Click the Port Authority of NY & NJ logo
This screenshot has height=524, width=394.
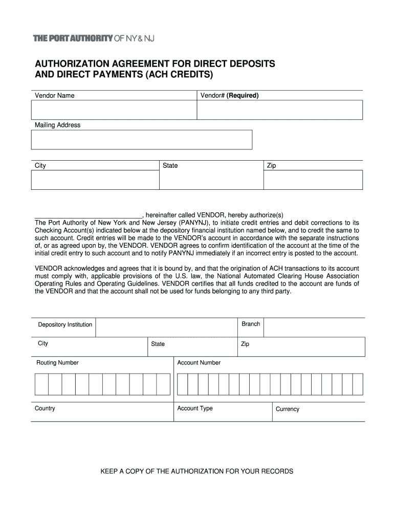94,38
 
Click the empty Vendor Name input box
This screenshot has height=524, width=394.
114,110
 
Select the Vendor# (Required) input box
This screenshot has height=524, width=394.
279,110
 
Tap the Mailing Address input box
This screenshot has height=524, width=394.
142,140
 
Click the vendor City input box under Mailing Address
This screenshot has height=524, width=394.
95,180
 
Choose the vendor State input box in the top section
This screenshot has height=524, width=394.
211,180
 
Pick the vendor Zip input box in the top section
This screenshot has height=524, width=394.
313,180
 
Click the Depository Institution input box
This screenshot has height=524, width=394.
167,327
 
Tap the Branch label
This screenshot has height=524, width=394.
251,324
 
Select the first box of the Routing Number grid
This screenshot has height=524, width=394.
41,384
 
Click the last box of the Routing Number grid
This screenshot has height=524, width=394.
163,384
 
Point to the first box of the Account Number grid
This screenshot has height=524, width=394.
182,384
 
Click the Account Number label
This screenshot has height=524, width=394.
199,363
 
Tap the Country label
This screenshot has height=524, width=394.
45,408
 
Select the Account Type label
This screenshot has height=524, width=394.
194,408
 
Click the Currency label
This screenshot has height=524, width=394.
287,409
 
